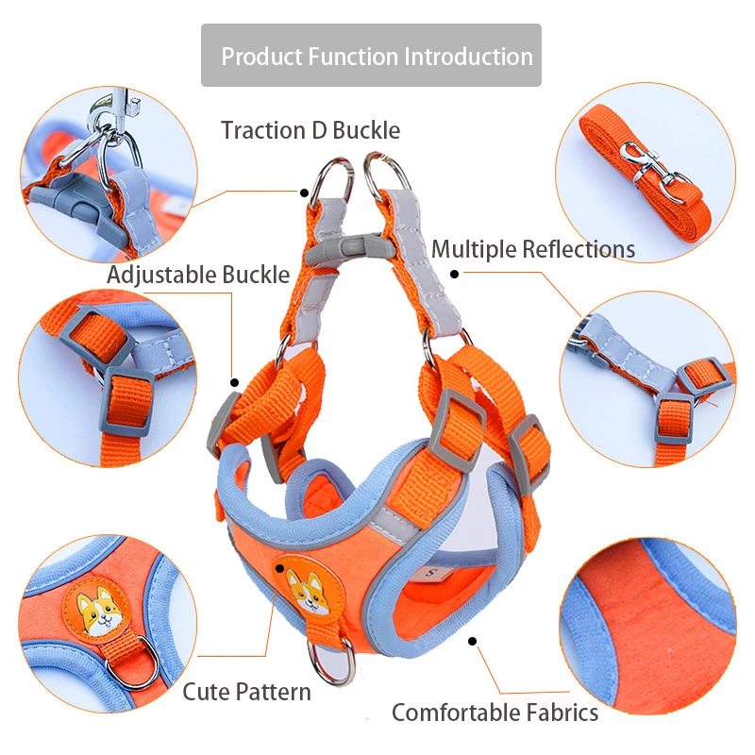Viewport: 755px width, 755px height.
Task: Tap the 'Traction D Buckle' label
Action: pos(310,130)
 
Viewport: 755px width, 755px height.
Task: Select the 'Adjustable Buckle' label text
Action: pos(198,275)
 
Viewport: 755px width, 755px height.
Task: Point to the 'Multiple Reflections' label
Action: pos(533,249)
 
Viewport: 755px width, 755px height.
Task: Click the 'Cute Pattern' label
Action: pos(246,692)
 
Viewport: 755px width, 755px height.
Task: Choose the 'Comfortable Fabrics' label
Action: pos(495,712)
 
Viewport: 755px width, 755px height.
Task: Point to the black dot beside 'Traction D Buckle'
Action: pos(305,193)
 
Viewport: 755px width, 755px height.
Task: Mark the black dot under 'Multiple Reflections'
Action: pos(454,275)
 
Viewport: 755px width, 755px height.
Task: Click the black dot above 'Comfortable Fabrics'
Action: pos(472,640)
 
